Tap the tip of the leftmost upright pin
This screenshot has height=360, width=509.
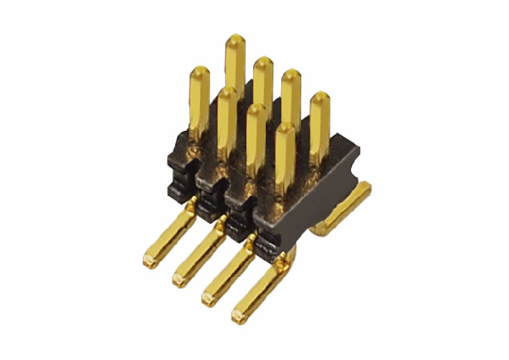point(199,70)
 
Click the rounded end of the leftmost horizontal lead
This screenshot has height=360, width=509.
point(148,262)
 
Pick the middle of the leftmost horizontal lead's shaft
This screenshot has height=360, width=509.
point(170,236)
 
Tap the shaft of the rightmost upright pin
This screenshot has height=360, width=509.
point(319,128)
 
